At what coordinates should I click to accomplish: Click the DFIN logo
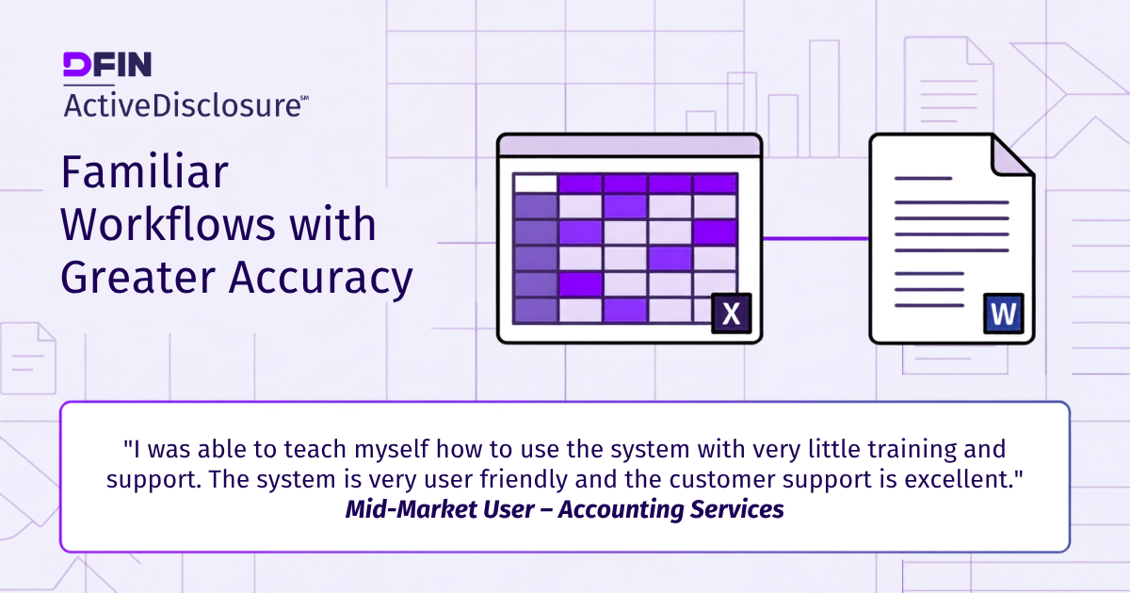[x=107, y=64]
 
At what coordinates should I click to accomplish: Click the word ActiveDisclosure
[x=182, y=105]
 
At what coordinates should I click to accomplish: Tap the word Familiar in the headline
[x=145, y=172]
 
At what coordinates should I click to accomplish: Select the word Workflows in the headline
[x=168, y=224]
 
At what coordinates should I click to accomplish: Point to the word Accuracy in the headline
[x=321, y=279]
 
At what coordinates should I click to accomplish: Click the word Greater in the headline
[x=138, y=278]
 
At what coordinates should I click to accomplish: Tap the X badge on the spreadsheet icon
[x=732, y=313]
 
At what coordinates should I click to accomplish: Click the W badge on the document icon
[x=1004, y=313]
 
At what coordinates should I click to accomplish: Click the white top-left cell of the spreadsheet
[x=535, y=183]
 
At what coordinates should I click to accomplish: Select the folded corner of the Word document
[x=1010, y=157]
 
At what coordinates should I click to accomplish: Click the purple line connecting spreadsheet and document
[x=815, y=238]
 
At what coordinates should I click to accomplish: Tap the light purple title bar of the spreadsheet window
[x=630, y=146]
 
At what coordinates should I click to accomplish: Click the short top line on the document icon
[x=923, y=179]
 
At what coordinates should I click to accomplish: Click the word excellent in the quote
[x=963, y=479]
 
